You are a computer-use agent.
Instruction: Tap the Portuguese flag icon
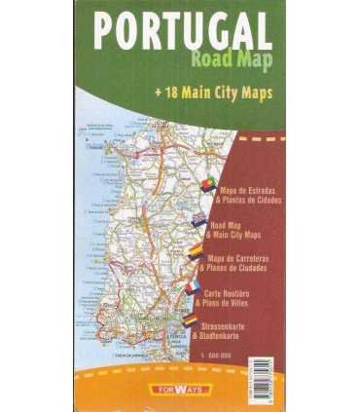coord(209,186)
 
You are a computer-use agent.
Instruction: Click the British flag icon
coord(199,220)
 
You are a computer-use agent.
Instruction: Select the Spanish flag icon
coord(196,253)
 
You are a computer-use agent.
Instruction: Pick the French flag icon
coord(192,287)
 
